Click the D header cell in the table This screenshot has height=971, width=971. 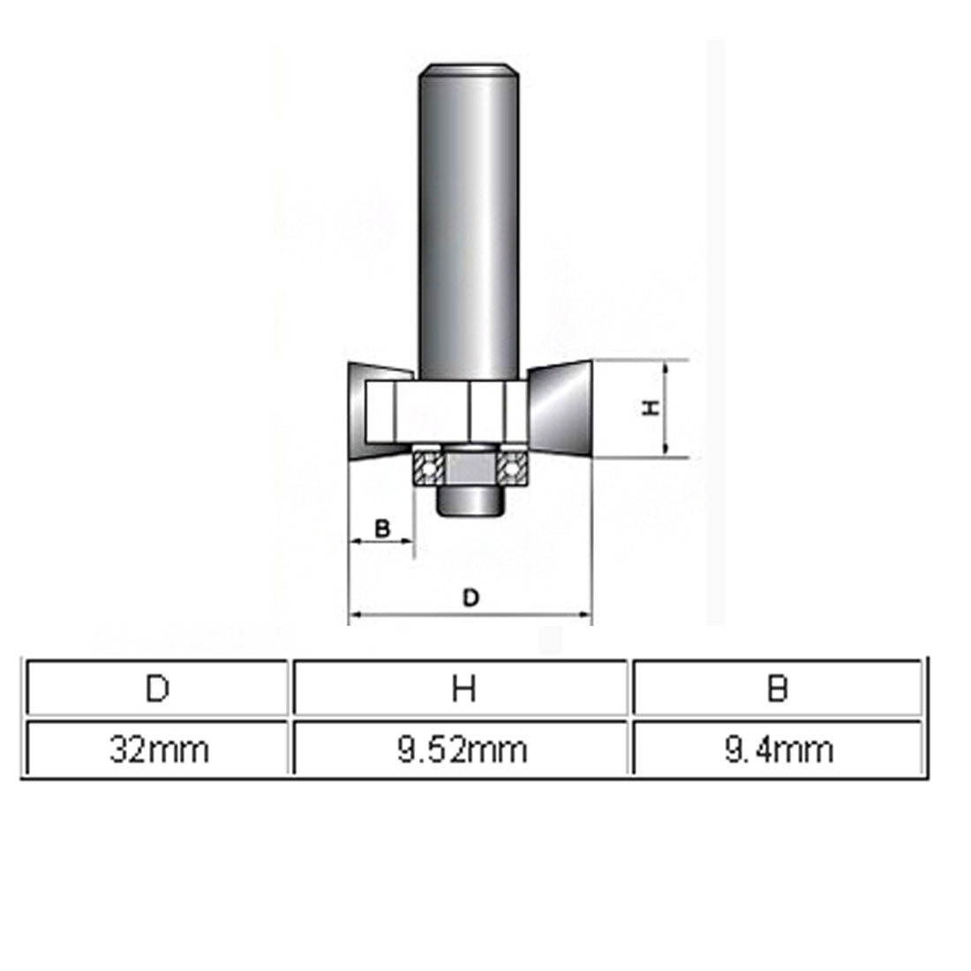(157, 688)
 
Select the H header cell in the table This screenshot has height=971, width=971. (463, 688)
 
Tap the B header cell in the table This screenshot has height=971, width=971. (777, 688)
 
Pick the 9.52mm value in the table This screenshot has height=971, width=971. (463, 749)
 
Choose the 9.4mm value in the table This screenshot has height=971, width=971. (777, 749)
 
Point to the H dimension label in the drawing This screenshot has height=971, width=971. (651, 408)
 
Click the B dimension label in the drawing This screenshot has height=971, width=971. (382, 528)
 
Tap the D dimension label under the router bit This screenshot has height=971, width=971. (471, 598)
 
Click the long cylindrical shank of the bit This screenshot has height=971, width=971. (467, 221)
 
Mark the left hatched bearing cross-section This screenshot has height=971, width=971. (428, 466)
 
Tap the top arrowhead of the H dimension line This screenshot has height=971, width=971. (668, 365)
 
